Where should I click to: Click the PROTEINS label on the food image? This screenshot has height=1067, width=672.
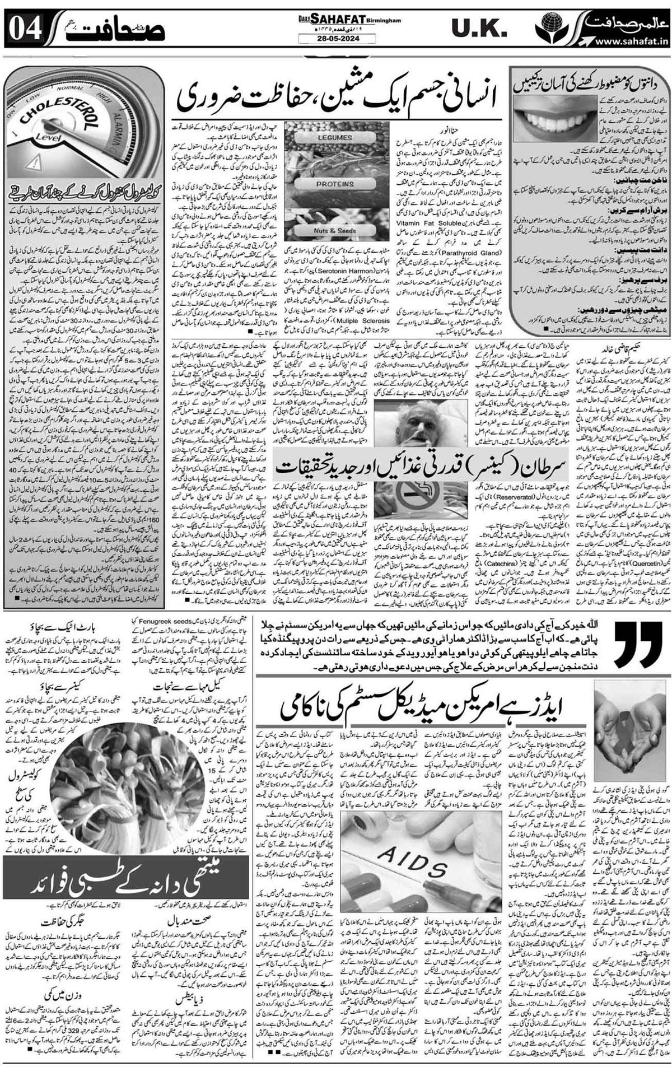point(334,183)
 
